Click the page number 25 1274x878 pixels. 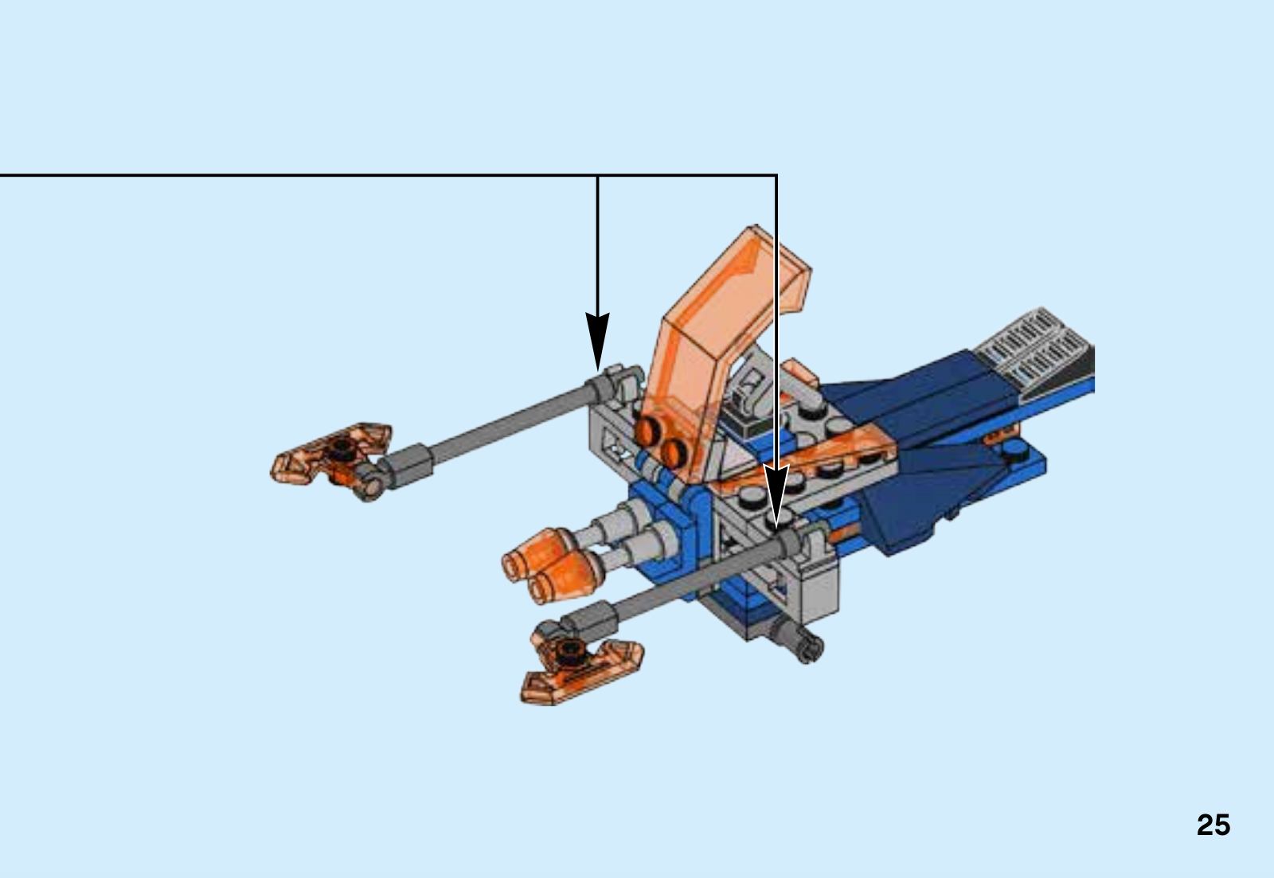point(1213,825)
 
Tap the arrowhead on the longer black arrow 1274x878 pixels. point(776,495)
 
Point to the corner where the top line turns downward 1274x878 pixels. point(776,175)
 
